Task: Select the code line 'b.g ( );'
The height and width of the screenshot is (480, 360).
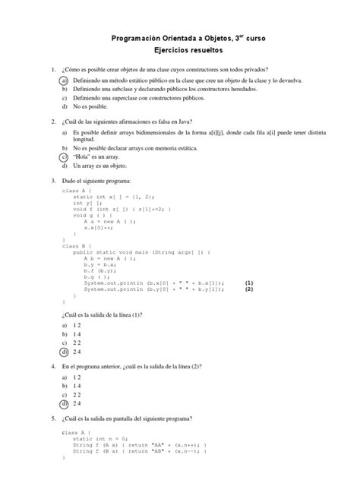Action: [x=98, y=276]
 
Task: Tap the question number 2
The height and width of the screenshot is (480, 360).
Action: [x=52, y=122]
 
